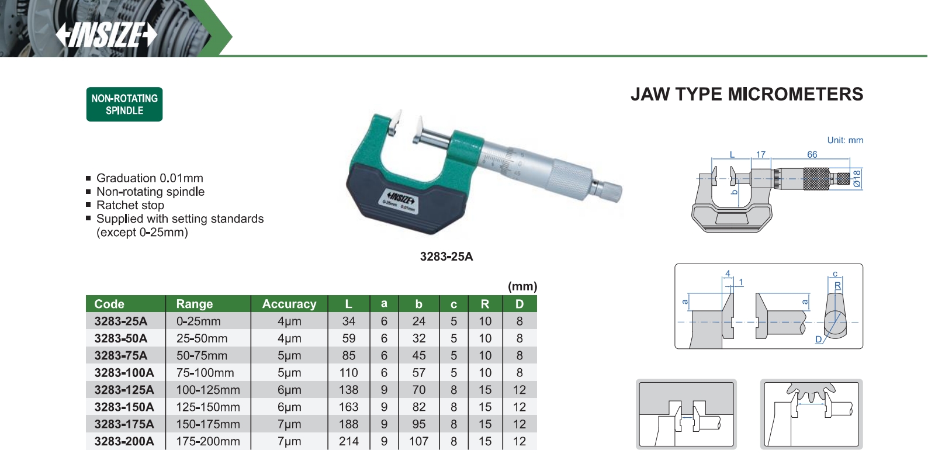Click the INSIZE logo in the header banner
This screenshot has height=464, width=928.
(106, 35)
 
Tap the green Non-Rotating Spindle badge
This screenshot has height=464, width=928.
(124, 105)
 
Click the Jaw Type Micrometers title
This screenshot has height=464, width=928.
(746, 95)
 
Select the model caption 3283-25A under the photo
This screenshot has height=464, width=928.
(446, 257)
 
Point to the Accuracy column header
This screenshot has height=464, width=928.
(289, 304)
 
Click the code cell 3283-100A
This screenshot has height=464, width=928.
(124, 373)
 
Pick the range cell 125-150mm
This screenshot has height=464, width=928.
(208, 407)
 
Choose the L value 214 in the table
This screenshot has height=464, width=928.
(348, 442)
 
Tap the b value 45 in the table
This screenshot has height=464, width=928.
(418, 356)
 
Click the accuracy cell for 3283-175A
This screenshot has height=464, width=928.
(289, 425)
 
